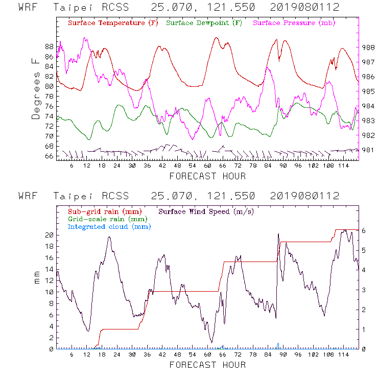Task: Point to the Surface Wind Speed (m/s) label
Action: click(x=206, y=211)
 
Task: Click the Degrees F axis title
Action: click(x=35, y=88)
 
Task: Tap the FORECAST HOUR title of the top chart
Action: click(x=207, y=176)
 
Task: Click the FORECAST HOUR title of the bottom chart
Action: click(x=207, y=365)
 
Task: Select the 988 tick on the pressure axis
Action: click(x=369, y=47)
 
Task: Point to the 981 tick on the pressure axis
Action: click(x=369, y=150)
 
